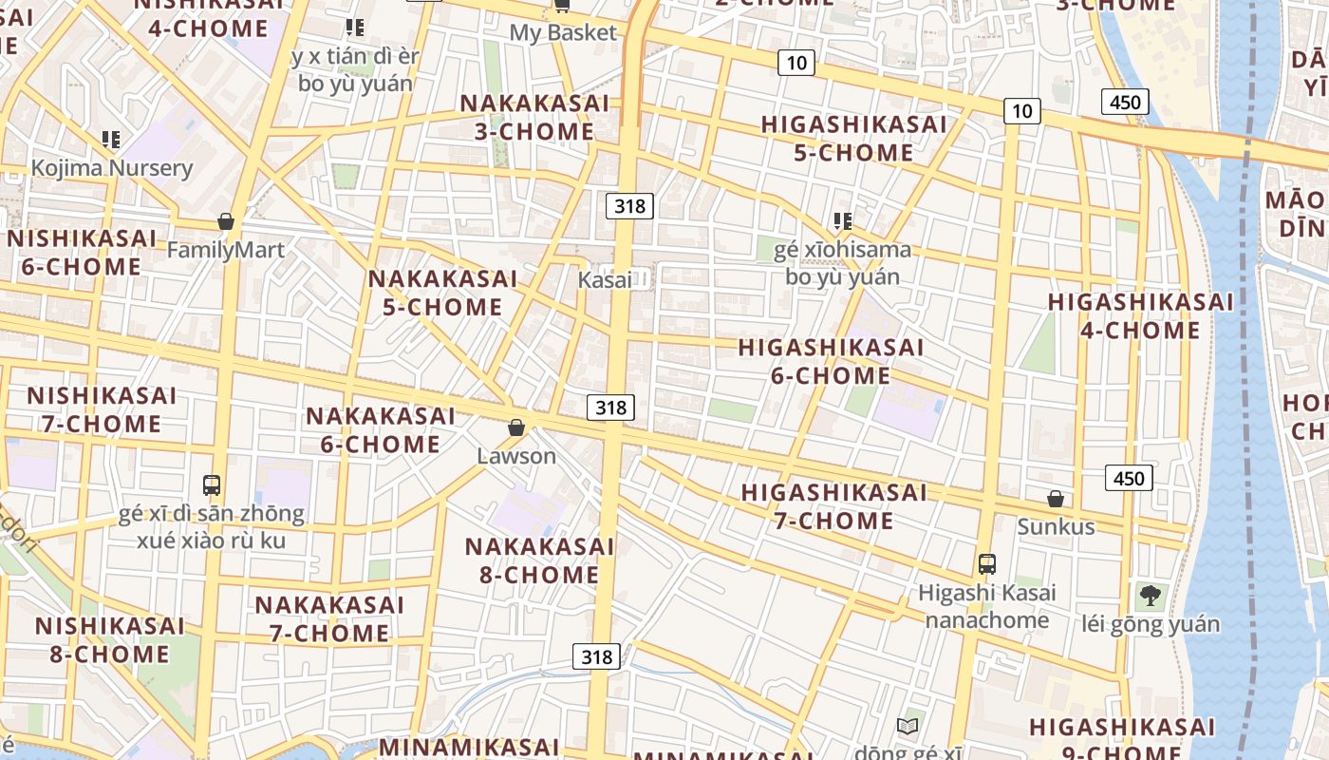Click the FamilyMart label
(x=225, y=250)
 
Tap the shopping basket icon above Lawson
(x=516, y=427)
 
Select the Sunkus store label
(x=1056, y=526)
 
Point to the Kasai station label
(x=605, y=279)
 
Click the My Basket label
(x=563, y=32)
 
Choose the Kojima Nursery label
(x=112, y=168)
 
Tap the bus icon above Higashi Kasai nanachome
(x=987, y=563)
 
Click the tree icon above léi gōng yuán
(x=1150, y=596)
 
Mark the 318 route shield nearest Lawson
(x=610, y=408)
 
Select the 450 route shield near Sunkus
(x=1129, y=478)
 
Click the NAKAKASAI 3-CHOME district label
(x=534, y=117)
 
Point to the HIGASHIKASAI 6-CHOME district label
(x=831, y=361)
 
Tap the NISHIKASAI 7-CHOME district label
(x=102, y=409)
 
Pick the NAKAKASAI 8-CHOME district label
(x=539, y=560)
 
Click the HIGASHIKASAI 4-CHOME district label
(x=1140, y=315)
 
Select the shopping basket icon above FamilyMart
(x=226, y=222)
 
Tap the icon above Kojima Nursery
(x=111, y=140)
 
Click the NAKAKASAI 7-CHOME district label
(x=329, y=618)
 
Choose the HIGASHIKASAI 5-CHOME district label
(x=853, y=139)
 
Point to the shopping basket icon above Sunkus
(x=1055, y=499)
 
